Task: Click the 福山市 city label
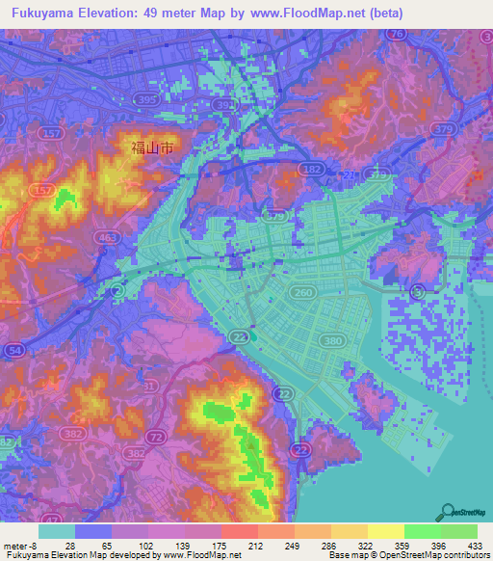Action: (x=152, y=149)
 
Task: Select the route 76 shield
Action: (x=396, y=34)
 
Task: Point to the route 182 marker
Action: (x=312, y=169)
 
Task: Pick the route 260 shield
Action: (x=303, y=293)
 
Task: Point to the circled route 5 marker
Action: (x=417, y=291)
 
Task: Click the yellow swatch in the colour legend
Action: (x=385, y=531)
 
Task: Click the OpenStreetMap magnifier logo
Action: (x=449, y=512)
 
